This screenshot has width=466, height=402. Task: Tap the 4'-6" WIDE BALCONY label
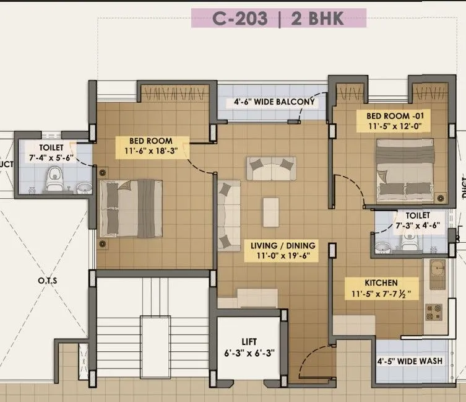click(275, 102)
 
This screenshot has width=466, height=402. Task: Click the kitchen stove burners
click(431, 310)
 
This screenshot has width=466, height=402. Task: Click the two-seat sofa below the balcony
click(272, 167)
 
